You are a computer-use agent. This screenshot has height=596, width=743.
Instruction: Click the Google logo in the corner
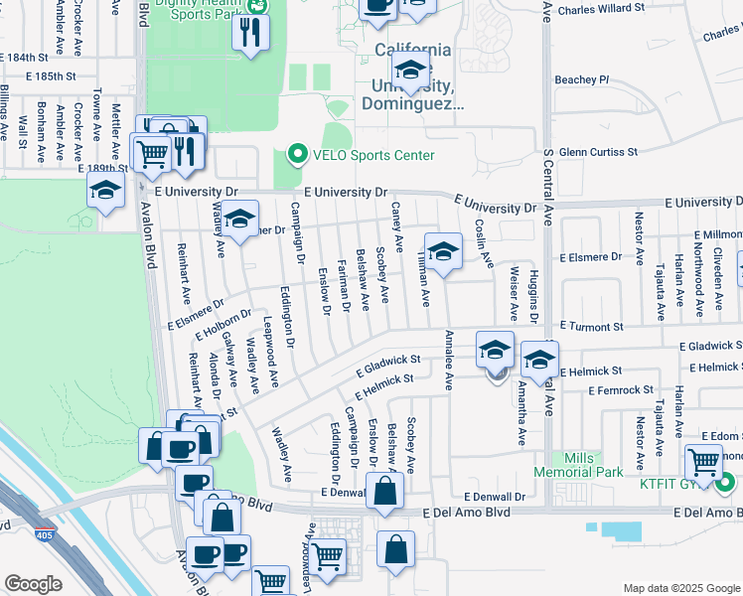pyautogui.click(x=33, y=584)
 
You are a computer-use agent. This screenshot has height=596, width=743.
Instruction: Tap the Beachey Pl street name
pyautogui.click(x=582, y=79)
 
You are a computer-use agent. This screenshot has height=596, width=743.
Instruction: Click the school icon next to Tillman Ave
pyautogui.click(x=444, y=249)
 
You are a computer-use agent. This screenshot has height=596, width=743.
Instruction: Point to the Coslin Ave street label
pyautogui.click(x=483, y=243)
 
